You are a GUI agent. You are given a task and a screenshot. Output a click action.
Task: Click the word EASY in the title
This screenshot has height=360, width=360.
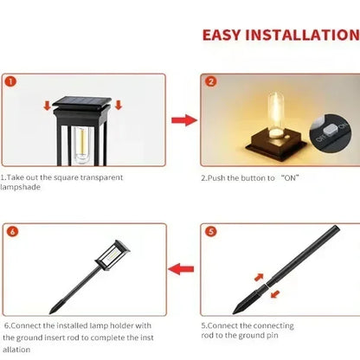click(226, 35)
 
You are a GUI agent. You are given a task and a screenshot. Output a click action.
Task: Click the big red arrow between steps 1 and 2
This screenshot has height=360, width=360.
click(182, 119)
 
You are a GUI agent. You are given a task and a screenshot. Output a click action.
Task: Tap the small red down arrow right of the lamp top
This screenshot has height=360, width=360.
click(118, 106)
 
